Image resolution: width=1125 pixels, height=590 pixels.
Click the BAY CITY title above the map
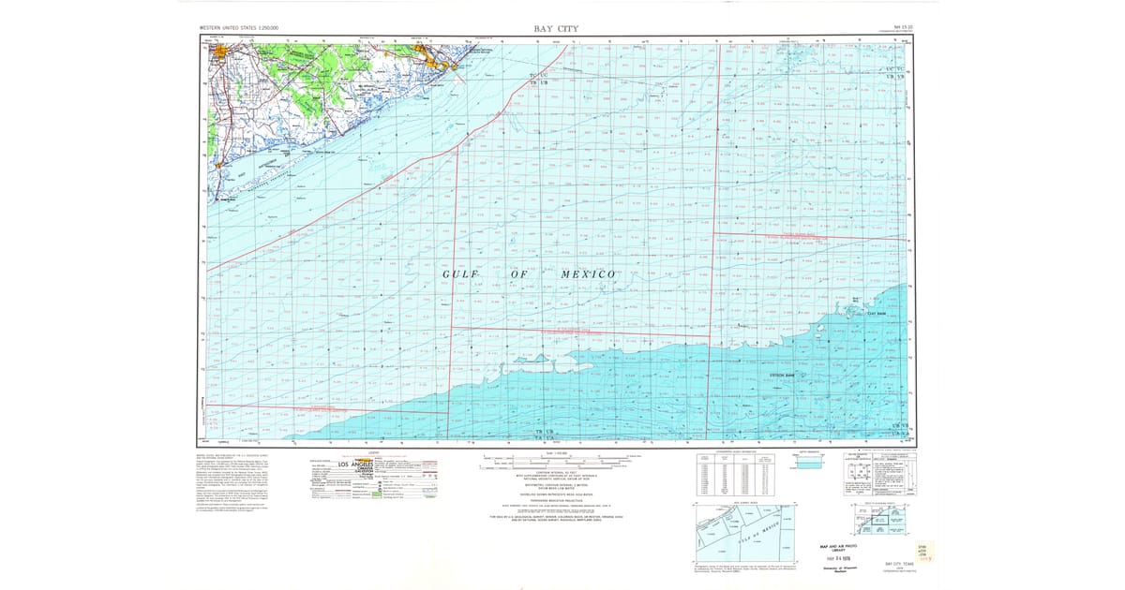[x=557, y=29]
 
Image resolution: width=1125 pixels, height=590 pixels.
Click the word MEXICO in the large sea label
[x=587, y=273]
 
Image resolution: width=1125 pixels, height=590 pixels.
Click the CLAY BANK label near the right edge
[x=877, y=314]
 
